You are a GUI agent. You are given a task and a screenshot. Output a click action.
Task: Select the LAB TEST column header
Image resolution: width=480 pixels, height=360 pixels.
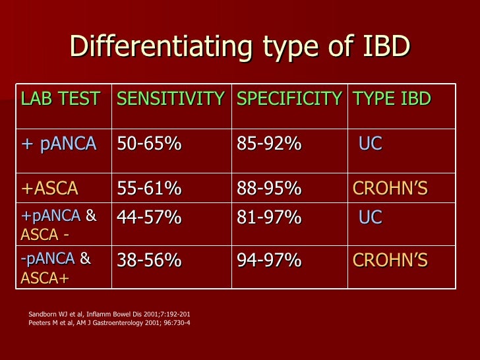coord(60,99)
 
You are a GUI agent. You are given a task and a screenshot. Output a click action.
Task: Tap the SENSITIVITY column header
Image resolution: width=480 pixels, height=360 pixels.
coord(170,99)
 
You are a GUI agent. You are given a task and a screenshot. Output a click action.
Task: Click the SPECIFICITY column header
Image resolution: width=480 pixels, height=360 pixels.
coord(289,99)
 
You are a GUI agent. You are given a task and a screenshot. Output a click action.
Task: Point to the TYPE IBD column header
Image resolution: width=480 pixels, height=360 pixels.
coord(392,99)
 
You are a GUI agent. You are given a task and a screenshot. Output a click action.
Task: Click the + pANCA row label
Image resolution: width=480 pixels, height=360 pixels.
coord(59,144)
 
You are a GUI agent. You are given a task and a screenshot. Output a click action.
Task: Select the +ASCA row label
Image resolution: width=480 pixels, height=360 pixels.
coord(50,189)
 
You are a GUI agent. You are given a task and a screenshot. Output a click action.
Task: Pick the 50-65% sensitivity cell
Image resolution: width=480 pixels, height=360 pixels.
coord(149,144)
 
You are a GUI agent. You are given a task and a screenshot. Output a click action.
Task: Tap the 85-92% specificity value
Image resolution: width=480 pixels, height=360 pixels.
coord(269,144)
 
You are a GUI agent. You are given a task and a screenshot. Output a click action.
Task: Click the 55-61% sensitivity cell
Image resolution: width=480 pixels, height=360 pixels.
coord(149,189)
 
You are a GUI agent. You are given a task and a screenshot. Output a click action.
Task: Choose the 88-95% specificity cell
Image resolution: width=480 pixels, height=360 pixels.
coord(269,189)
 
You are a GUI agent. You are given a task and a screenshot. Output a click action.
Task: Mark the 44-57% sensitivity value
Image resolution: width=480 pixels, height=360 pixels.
coord(149,217)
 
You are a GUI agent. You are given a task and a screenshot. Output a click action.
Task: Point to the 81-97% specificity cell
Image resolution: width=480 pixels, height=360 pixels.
coord(269,217)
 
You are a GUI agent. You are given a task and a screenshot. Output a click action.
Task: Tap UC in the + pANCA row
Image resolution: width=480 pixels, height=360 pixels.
coord(370,144)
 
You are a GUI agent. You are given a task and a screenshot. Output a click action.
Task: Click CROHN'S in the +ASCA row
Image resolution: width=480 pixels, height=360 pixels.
coord(390,189)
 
